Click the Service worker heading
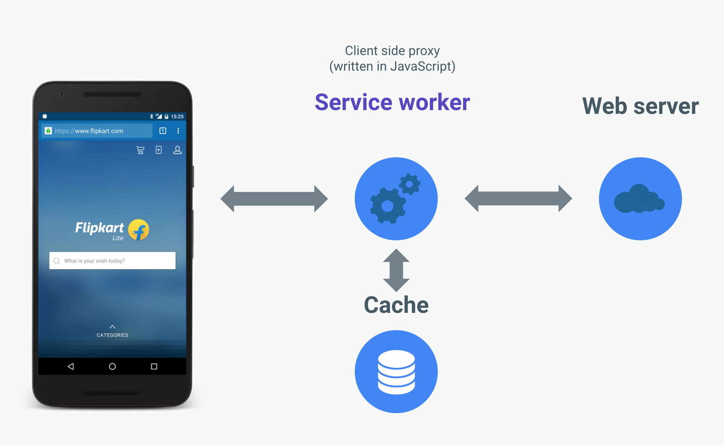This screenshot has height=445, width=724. coord(392,102)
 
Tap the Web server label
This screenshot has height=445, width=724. coord(640,106)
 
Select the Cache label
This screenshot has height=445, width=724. coord(396,305)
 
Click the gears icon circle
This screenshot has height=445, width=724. coord(396,199)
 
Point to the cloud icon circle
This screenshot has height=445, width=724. coord(640,199)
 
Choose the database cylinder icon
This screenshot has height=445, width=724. coord(396,372)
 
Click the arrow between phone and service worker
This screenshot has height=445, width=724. coord(274,199)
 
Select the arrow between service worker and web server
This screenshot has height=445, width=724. coord(518,199)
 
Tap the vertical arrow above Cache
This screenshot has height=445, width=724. coord(396,270)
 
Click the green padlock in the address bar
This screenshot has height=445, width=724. coord(48,131)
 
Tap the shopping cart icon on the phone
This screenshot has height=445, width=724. coord(140,150)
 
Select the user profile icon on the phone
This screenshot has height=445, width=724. coord(177,150)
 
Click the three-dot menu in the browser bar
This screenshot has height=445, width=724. coord(178,131)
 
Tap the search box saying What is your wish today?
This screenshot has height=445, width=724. coord(112,261)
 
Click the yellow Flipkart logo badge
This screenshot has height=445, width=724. coord(139,230)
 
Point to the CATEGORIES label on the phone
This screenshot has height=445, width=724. coord(112,335)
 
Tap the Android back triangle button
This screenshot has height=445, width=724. coord(71,366)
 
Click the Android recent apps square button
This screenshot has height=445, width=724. coord(154,366)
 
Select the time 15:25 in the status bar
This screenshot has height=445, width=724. coord(177,117)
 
